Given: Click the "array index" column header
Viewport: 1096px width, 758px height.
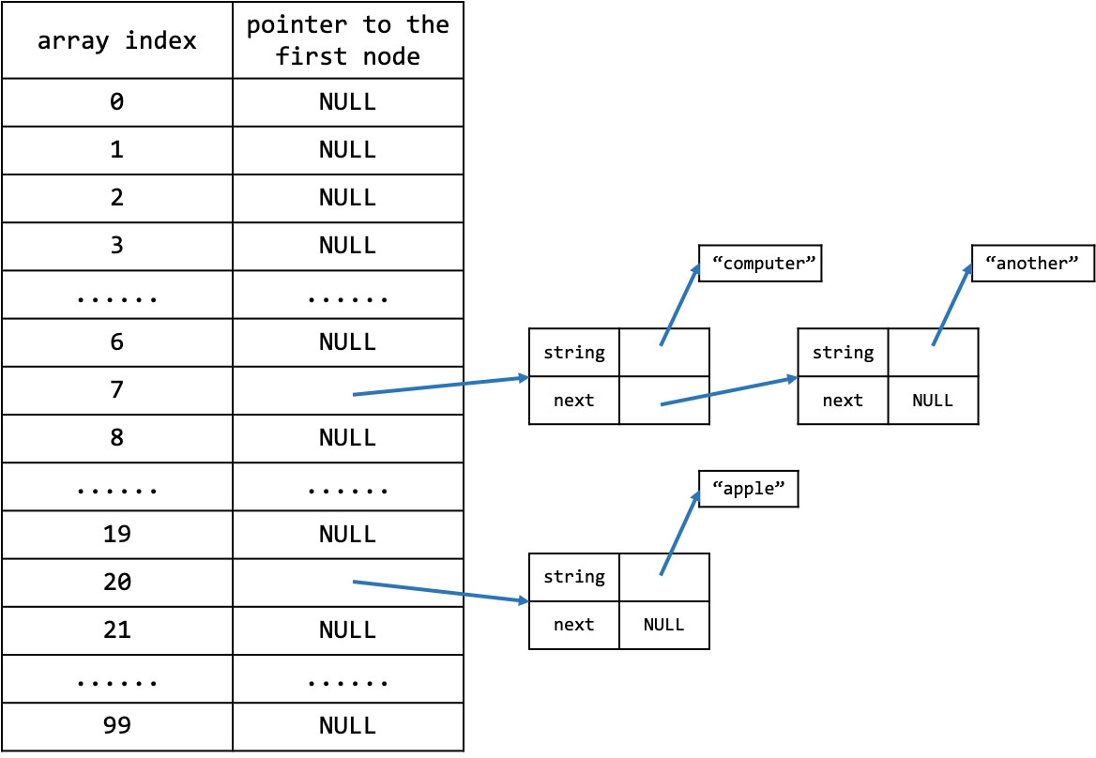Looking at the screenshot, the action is point(116,40).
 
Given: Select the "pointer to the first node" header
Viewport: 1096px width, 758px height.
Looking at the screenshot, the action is point(348,40).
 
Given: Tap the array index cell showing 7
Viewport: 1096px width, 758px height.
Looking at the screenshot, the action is point(116,390).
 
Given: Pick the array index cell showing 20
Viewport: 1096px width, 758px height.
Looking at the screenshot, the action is point(116,583).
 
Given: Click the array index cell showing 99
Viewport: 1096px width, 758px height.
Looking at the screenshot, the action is point(116,726).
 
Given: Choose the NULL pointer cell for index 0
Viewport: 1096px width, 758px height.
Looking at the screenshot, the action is point(348,102).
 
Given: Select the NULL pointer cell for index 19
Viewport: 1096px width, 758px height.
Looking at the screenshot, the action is point(348,535).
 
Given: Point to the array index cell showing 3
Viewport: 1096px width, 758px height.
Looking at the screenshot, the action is point(116,247).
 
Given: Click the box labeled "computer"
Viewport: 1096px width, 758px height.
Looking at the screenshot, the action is point(760,264).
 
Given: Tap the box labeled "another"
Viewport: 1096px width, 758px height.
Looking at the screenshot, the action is point(1033,264).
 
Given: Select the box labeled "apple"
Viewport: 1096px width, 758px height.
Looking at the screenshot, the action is point(748,489).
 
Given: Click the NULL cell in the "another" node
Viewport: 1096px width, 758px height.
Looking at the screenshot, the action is point(933,401).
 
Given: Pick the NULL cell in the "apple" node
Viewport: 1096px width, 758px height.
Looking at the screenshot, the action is point(664,626).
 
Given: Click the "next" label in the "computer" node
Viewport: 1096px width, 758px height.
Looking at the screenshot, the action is point(574,401).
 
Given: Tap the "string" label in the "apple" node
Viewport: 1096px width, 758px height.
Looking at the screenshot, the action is point(574,577).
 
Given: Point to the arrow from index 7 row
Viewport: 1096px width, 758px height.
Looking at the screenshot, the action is point(440,387).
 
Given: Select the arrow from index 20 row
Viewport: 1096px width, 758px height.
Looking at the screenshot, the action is point(440,591).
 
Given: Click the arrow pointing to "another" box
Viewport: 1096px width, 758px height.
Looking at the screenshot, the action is point(952,305).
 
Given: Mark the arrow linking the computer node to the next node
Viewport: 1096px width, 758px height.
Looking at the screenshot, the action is point(729,391).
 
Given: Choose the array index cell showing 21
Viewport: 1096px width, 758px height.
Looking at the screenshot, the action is point(116,630).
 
